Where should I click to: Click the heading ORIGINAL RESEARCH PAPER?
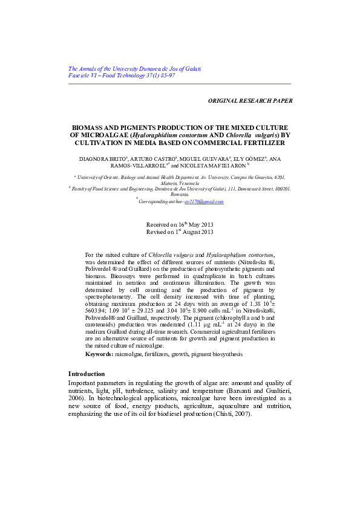pos(250,101)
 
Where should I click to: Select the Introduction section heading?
pos(87,374)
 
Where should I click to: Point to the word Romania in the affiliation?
pos(180,194)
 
